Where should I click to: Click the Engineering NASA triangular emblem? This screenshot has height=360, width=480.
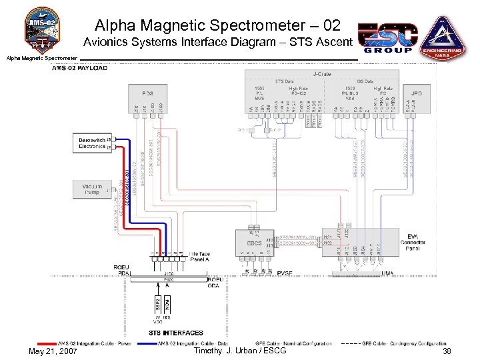(443, 37)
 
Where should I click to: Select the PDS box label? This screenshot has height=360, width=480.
(147, 93)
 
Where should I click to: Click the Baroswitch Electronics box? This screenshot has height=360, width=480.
(91, 143)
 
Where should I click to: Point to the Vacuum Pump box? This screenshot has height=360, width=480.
(91, 189)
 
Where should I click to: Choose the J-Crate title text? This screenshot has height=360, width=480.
(323, 73)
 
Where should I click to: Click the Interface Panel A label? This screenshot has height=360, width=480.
(199, 257)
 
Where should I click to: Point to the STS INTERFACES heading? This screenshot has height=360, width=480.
(175, 333)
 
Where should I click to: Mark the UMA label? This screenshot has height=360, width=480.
(387, 273)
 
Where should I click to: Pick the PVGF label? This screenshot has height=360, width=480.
(285, 273)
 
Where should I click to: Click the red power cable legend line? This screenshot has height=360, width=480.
(46, 344)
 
